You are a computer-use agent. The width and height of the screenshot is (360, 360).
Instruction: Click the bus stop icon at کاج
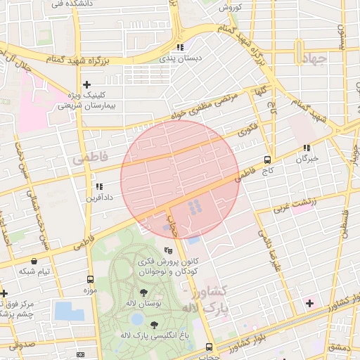267,160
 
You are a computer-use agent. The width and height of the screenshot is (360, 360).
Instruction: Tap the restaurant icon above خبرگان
307,148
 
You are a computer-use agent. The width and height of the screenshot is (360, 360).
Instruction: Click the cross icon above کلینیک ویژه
86,84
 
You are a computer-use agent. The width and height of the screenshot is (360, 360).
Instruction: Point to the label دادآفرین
99,198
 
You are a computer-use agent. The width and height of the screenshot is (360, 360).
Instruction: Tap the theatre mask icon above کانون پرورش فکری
167,250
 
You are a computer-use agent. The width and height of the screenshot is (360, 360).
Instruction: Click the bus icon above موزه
89,279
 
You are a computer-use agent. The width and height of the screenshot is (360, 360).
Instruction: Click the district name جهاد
312,59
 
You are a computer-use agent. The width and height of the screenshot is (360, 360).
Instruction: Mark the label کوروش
230,8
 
